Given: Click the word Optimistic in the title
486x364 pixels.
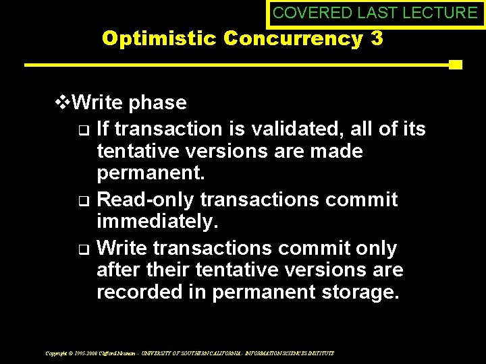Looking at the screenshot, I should coord(161,38).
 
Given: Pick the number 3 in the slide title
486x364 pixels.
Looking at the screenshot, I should coord(377,38).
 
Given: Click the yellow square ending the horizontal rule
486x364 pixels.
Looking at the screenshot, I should coord(455,65).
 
